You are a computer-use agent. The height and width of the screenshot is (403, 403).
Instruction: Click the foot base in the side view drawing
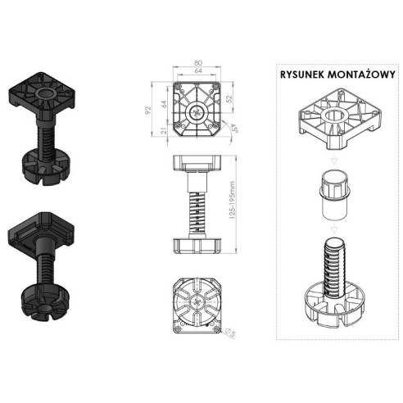click(x=198, y=243)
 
